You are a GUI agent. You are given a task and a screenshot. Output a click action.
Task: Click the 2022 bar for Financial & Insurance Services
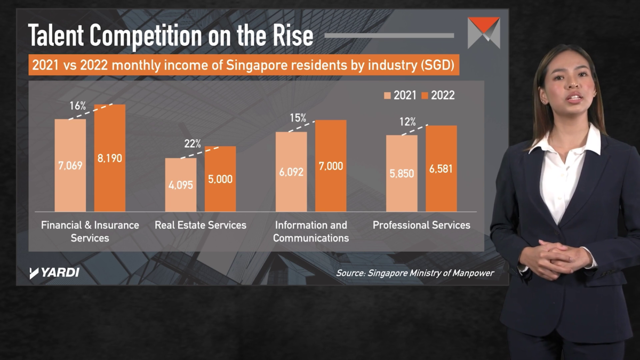pos(110,158)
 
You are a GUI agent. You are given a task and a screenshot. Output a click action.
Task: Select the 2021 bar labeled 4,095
pos(180,185)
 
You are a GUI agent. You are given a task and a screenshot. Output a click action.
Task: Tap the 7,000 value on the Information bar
pos(331,166)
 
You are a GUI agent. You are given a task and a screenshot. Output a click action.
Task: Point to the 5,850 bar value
pos(402,173)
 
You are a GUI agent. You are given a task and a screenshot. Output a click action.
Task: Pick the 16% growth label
pos(78,106)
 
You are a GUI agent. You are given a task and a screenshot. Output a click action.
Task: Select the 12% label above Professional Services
pos(407,122)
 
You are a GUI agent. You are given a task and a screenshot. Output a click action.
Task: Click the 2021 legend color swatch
pos(388,95)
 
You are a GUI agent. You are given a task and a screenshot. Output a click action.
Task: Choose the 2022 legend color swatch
pos(425,95)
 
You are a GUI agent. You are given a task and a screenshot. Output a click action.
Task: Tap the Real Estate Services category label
pos(201,225)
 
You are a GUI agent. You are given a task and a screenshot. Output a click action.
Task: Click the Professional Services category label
pos(421,225)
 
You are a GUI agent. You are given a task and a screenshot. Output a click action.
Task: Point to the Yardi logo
pos(54,273)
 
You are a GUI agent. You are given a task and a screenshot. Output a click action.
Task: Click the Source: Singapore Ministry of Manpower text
pos(415,273)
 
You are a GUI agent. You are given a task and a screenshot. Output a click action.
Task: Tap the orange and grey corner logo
pos(483,33)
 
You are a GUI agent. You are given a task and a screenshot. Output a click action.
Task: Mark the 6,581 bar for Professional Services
pos(441,169)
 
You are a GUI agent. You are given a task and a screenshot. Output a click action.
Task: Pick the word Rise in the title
pos(292,36)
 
